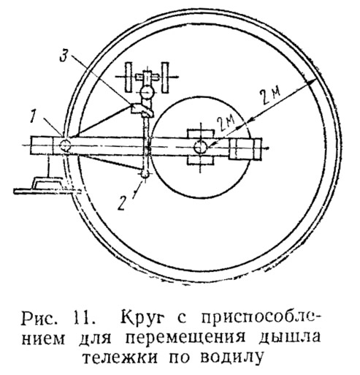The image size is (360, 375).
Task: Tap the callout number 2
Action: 122,202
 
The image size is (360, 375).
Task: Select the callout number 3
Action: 64,56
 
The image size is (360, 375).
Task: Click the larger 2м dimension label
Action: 270,96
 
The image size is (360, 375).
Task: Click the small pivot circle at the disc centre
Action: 200,147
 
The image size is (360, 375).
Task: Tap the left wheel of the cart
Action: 129,77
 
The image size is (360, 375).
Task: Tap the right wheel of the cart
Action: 165,77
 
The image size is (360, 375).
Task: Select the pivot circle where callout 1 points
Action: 65,145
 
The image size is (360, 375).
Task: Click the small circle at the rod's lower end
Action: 145,173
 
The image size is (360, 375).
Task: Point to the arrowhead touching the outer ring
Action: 312,83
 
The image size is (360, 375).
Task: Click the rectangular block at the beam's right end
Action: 245,148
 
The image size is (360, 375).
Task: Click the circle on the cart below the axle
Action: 147,92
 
